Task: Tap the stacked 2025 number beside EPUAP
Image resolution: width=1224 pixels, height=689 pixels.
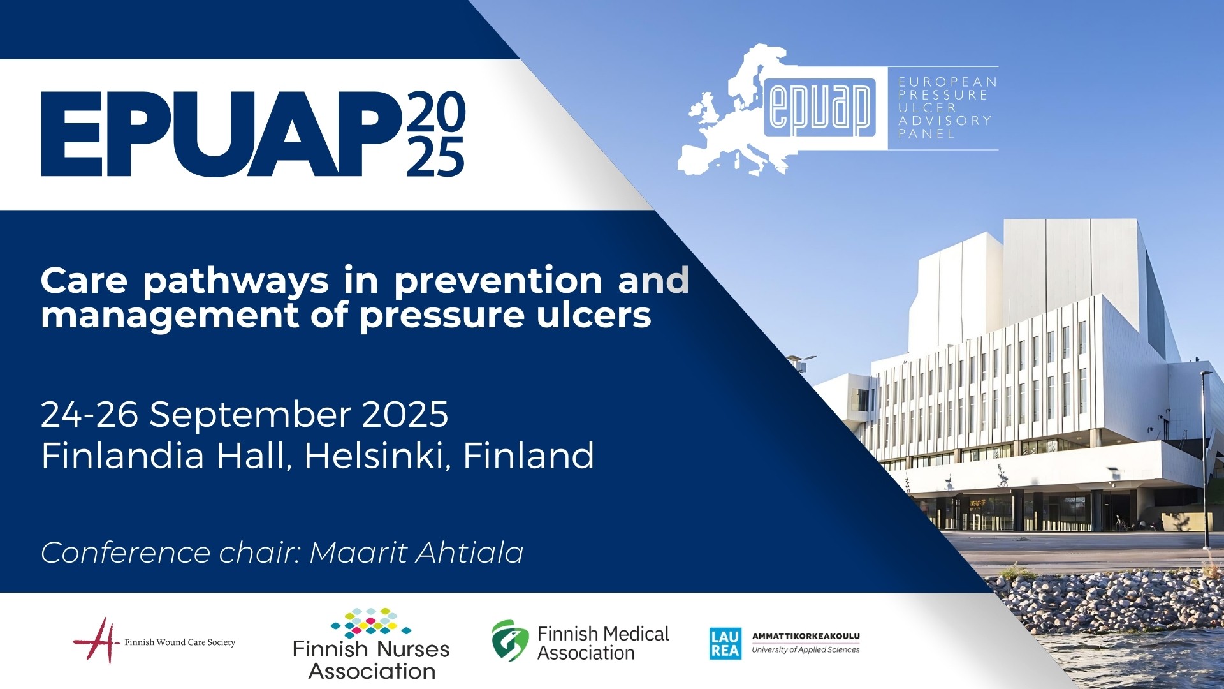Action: (436, 134)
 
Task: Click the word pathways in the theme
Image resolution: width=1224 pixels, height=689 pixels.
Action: (236, 281)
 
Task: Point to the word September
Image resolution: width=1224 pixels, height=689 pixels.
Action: (250, 415)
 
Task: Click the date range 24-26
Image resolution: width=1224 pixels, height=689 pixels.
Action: (89, 415)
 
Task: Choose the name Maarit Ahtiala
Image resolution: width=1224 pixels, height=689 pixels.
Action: (416, 552)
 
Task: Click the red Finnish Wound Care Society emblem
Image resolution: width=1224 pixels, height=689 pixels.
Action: (98, 641)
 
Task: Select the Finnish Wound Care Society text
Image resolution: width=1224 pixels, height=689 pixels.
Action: (180, 642)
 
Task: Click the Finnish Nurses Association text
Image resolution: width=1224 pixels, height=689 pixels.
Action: (371, 660)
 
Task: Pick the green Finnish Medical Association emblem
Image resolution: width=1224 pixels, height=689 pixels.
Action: (510, 641)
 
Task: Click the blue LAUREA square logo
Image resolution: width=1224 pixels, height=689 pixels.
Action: (725, 643)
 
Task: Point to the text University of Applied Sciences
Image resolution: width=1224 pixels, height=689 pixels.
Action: (806, 650)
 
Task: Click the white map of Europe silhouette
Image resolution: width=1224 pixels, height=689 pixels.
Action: (720, 121)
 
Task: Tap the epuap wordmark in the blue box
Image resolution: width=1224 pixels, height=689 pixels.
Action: (820, 107)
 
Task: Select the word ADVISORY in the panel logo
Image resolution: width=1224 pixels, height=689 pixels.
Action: (945, 121)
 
